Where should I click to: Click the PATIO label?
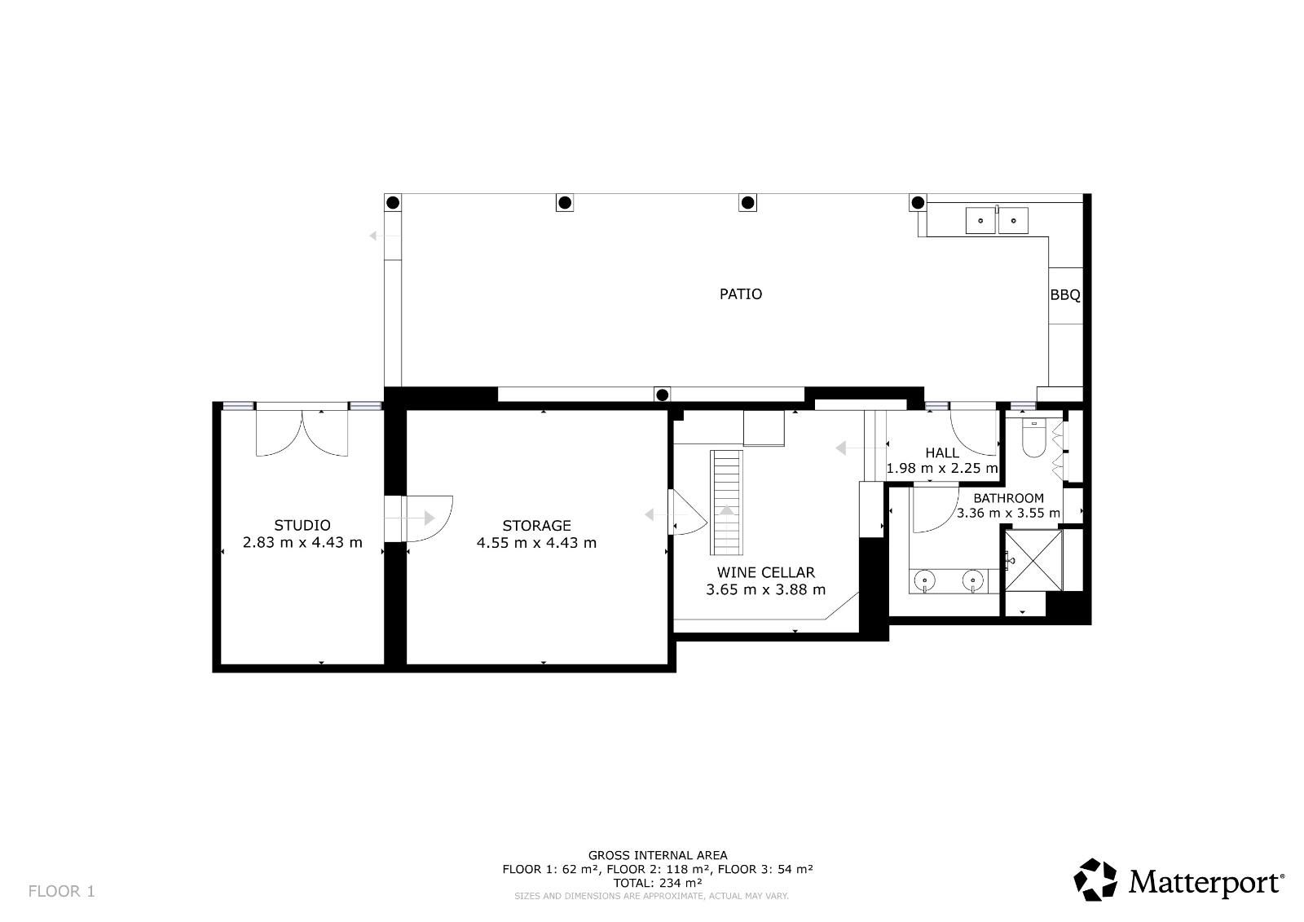[741, 294]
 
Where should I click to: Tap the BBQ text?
[1064, 295]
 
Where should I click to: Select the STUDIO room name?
[302, 525]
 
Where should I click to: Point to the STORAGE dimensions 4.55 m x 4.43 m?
[536, 543]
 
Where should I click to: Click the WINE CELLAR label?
[765, 572]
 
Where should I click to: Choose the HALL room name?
[942, 452]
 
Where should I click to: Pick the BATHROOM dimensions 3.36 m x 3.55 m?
[1008, 513]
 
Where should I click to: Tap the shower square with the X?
[1033, 560]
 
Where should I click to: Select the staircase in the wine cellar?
[726, 503]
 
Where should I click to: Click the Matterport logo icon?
[1095, 880]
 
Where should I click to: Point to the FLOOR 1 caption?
[61, 891]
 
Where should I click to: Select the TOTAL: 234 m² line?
[658, 883]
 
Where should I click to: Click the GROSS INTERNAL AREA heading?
[658, 855]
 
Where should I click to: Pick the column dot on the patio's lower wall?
[662, 395]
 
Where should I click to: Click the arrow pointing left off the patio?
[384, 236]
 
